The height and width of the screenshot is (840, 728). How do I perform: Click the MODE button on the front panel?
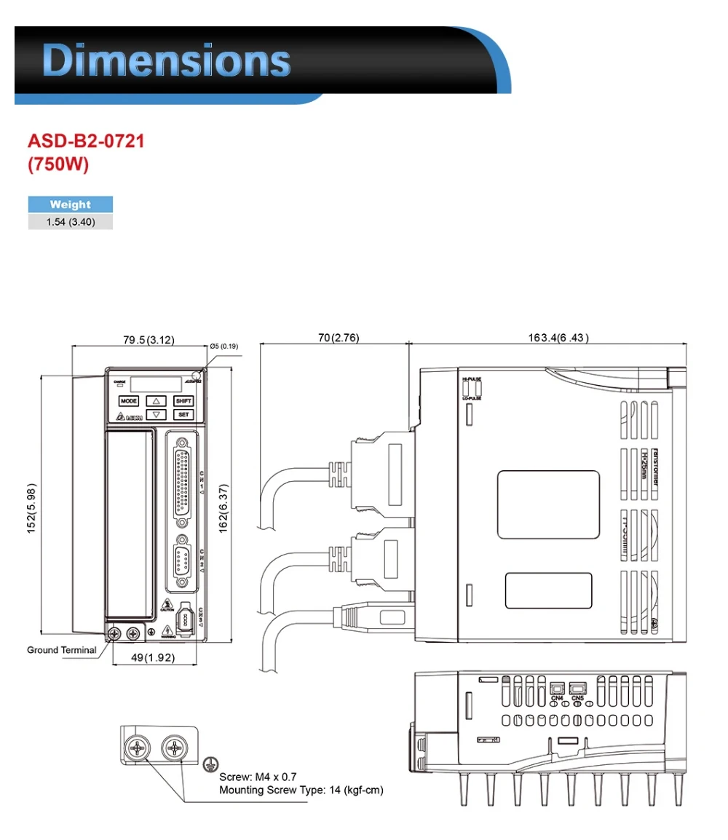click(x=128, y=401)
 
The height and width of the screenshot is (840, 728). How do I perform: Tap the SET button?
click(x=183, y=415)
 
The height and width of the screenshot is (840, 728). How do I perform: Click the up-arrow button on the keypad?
click(x=156, y=401)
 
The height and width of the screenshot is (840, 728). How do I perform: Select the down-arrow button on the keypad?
click(x=156, y=415)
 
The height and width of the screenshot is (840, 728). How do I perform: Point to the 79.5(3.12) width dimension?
click(x=149, y=340)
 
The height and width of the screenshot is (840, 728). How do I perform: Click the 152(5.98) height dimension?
click(x=31, y=507)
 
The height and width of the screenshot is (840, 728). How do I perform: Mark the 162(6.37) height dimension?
click(x=225, y=507)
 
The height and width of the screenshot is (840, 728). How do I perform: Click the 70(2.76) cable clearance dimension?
click(x=339, y=338)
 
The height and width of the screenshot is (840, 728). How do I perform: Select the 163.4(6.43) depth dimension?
click(x=558, y=338)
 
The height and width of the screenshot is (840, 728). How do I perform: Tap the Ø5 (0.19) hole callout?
click(x=223, y=346)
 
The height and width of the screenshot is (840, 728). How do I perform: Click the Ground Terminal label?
click(x=62, y=650)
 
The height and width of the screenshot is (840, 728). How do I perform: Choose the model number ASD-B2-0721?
click(x=86, y=140)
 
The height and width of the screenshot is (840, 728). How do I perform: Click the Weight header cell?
click(x=71, y=205)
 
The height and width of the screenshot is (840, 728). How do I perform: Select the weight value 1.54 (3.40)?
click(x=71, y=222)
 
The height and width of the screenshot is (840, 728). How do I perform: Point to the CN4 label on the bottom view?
click(x=558, y=698)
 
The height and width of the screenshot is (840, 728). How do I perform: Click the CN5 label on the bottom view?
click(x=578, y=698)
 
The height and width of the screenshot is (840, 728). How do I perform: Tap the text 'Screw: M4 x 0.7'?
click(x=258, y=777)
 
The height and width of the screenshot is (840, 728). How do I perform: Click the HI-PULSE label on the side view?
click(x=471, y=379)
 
